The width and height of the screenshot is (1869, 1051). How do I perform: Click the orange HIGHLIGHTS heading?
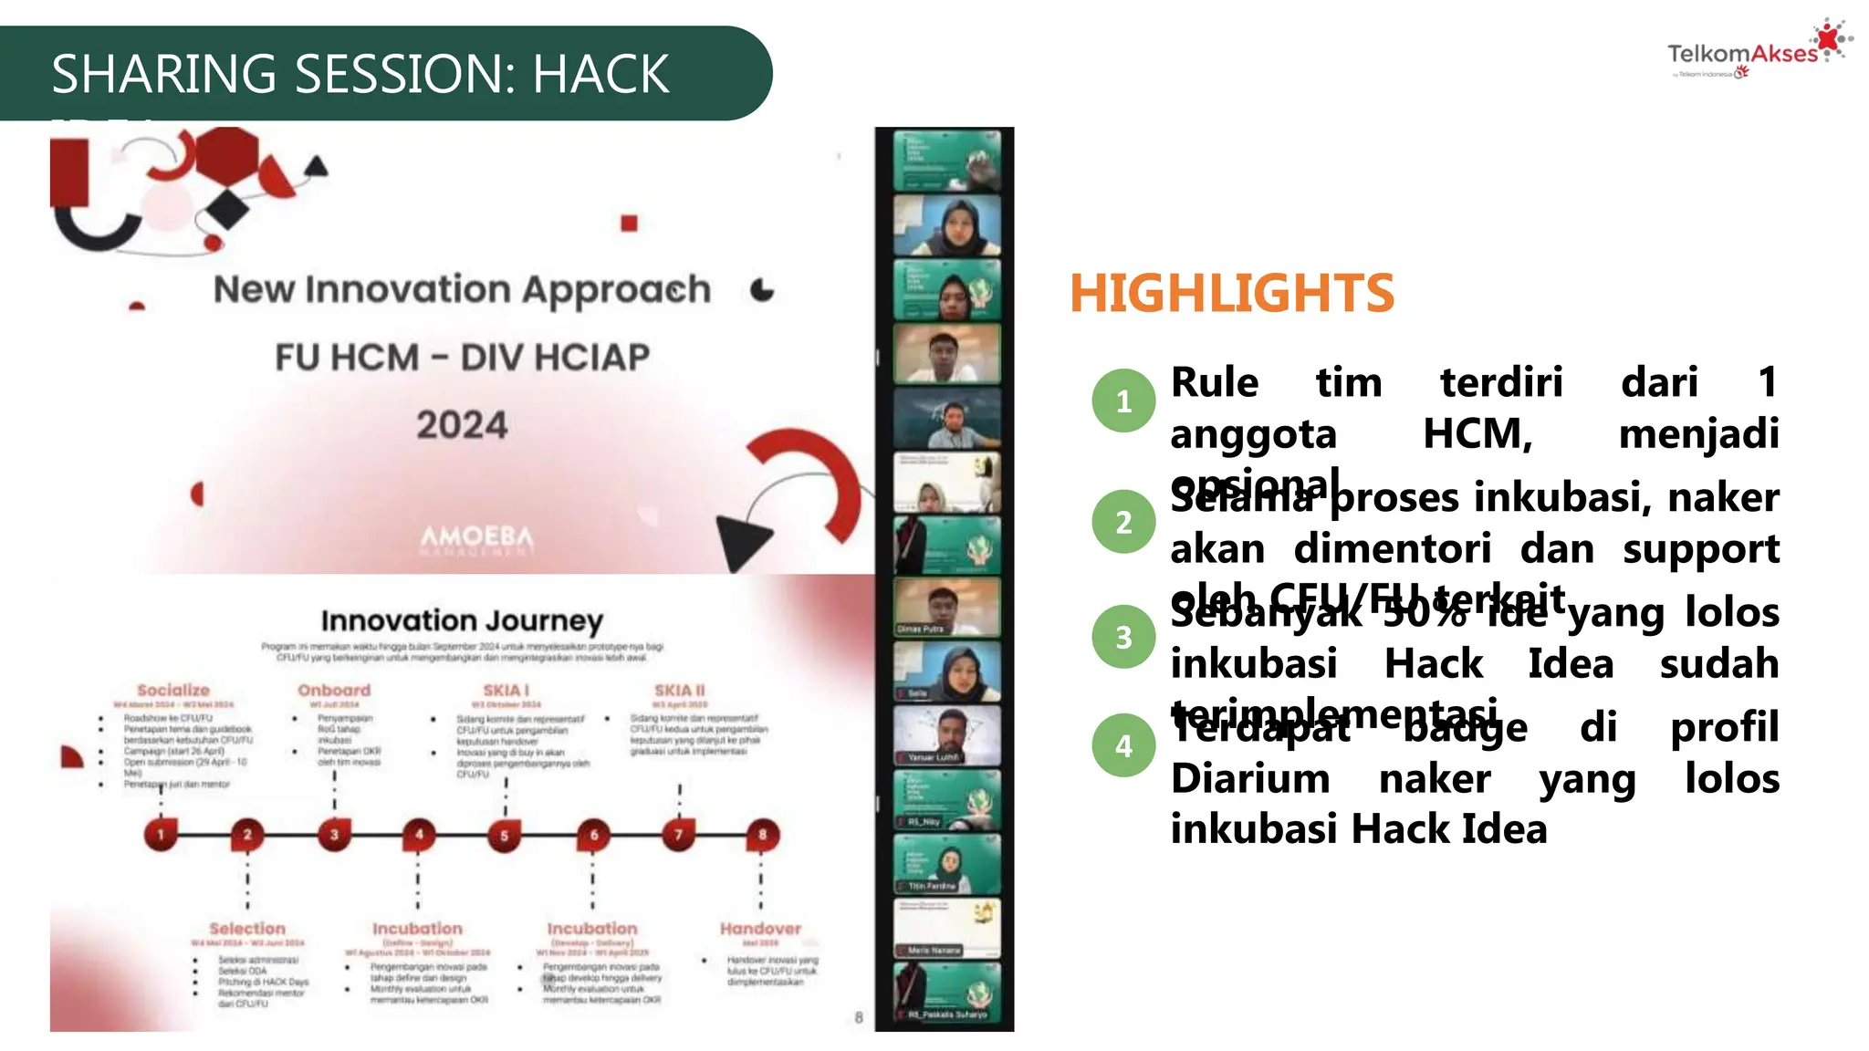point(1231,294)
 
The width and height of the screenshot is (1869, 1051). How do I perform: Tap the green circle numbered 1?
point(1123,401)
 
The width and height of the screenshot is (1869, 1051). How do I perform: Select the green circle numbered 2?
point(1123,522)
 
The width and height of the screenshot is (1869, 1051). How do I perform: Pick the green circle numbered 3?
point(1123,637)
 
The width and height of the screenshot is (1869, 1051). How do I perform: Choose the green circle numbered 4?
point(1123,745)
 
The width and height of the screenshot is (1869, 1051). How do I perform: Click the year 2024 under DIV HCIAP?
point(462,425)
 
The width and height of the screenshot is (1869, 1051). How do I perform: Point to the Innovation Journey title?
point(462,621)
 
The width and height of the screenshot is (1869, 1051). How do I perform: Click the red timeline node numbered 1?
point(161,834)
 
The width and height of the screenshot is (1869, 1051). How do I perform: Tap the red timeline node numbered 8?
point(762,834)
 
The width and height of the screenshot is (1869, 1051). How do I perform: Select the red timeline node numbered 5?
point(504,835)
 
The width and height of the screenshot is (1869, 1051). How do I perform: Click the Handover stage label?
point(760,929)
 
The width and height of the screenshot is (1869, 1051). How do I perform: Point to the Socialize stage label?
point(173,691)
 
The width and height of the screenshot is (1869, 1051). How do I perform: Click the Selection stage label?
point(247,929)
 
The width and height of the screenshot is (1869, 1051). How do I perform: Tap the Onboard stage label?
point(334,691)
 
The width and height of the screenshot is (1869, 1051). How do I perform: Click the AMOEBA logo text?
point(476,537)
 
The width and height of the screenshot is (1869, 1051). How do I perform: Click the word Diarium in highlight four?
point(1249,779)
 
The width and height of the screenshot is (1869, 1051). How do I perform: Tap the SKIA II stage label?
point(679,691)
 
